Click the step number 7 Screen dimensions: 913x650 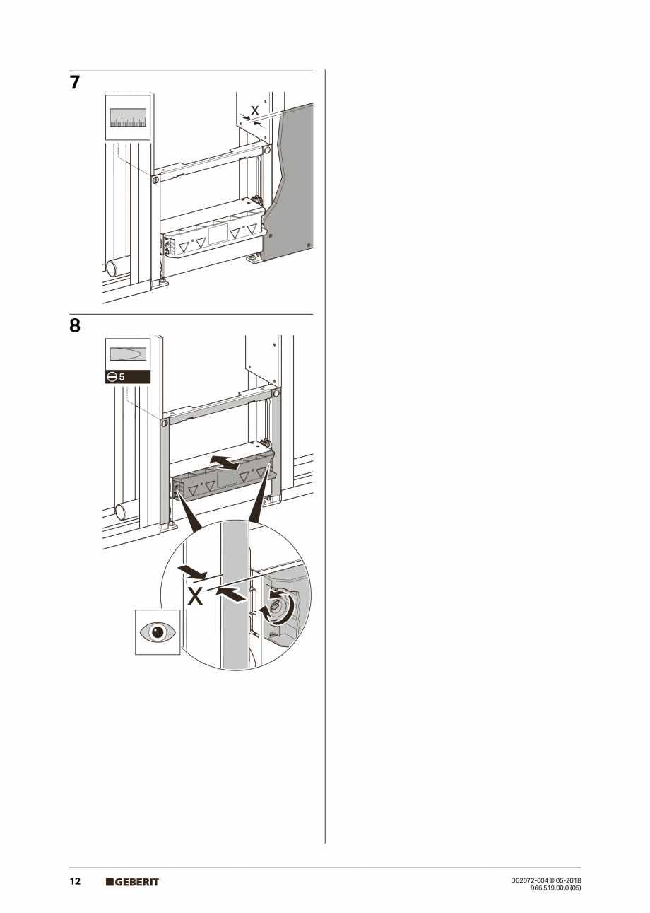[75, 83]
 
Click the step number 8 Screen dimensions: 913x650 [75, 327]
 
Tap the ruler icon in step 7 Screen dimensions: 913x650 [128, 117]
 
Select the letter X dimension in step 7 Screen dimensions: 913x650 [255, 111]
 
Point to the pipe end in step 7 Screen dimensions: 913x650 [112, 269]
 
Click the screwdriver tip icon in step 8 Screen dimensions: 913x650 [128, 353]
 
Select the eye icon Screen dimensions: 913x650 [157, 632]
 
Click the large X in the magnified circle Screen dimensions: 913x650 [195, 597]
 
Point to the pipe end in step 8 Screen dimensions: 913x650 [121, 511]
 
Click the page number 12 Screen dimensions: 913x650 [75, 881]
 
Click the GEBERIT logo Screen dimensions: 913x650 [133, 882]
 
